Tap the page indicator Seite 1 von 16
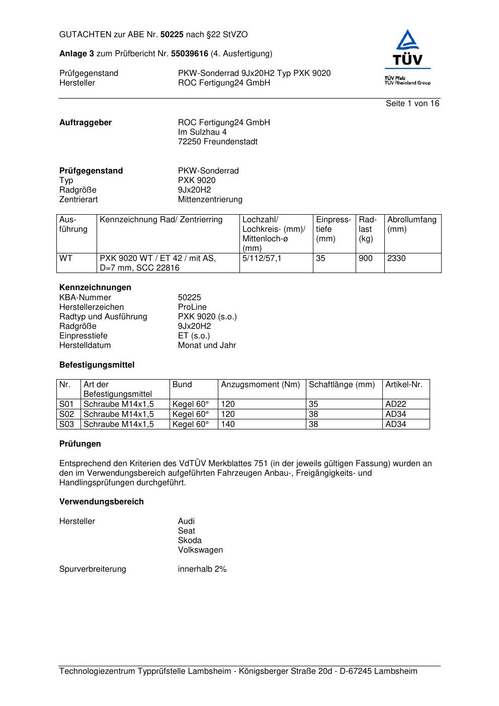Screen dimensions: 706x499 click(412, 104)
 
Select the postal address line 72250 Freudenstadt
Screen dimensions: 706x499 click(218, 142)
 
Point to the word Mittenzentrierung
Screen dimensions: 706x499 click(210, 200)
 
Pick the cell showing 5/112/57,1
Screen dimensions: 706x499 click(262, 258)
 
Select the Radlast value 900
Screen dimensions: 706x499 click(366, 258)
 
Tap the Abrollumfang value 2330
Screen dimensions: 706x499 click(396, 258)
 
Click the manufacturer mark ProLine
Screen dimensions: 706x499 click(192, 307)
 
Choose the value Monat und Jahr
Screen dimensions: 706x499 click(207, 345)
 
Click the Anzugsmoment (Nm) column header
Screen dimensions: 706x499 click(261, 385)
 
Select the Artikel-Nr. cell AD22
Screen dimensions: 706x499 click(396, 404)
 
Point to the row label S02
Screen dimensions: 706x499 click(67, 414)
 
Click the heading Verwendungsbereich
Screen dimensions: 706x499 click(102, 502)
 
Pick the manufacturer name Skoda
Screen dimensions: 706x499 click(190, 541)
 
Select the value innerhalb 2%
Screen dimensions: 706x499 click(202, 569)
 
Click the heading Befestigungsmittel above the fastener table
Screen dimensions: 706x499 click(97, 365)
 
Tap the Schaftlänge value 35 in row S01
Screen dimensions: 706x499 click(313, 404)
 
